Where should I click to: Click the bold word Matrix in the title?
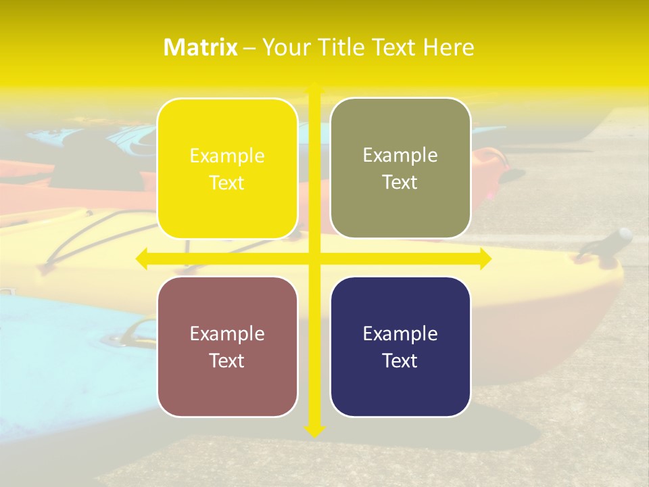point(200,47)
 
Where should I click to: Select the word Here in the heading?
point(448,47)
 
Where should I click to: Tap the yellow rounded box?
point(227,168)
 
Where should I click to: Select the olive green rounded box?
point(400,168)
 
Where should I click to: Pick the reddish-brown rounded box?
point(227,346)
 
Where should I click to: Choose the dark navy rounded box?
point(400,346)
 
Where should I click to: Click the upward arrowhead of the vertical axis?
point(314,89)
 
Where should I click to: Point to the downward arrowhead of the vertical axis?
point(314,430)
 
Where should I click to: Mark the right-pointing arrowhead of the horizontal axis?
point(485,258)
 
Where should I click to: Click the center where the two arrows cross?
point(314,258)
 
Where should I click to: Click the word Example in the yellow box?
point(227,156)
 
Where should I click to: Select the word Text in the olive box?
point(400,182)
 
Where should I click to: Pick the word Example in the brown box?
point(227,333)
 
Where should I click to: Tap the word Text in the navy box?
point(400,361)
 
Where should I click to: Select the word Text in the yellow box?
point(227,183)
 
